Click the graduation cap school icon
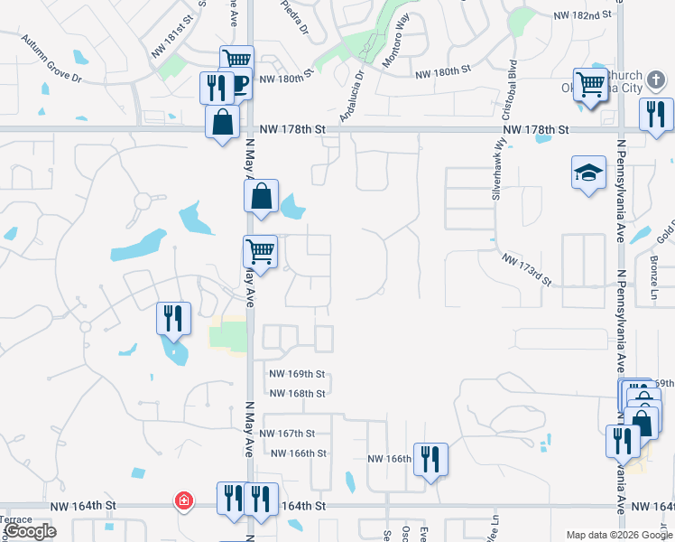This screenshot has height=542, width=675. [588, 173]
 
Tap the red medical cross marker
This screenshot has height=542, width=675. [184, 500]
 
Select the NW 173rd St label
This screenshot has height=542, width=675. [527, 269]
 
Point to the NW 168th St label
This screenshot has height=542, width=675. [297, 393]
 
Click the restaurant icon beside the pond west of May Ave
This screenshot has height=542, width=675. [172, 318]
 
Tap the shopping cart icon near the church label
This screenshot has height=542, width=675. [590, 84]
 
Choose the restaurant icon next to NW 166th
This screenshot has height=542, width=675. [430, 459]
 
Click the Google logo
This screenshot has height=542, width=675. [31, 531]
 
